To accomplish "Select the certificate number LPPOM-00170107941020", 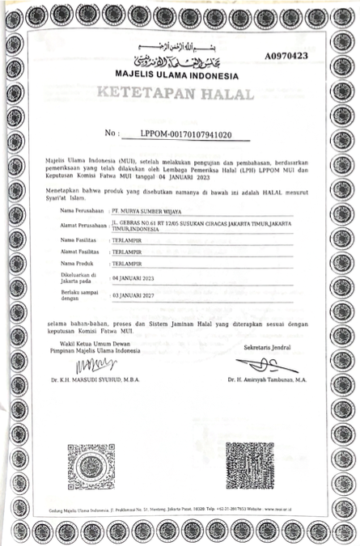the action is tap(186, 134).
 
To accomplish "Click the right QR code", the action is tap(249, 467).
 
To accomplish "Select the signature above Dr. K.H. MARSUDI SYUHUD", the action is tap(90, 366).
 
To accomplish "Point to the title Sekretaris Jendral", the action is tap(266, 347).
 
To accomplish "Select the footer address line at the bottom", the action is tap(180, 511).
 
